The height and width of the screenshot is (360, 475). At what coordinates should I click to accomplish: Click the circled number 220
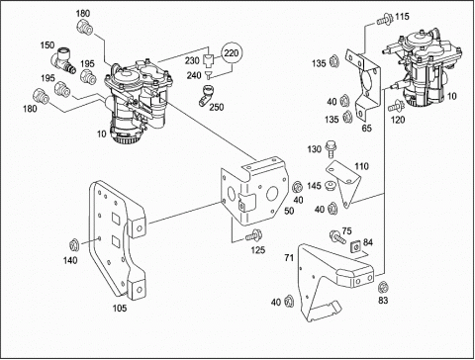point(232,52)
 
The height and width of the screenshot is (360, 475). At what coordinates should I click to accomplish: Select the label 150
point(47,45)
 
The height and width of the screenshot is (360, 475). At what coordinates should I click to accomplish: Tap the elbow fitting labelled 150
point(62,60)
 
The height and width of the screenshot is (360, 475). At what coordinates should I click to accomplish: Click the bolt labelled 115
point(384,19)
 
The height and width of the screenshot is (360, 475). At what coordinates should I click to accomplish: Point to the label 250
point(217,107)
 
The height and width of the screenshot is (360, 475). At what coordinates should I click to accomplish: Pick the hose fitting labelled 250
point(206,95)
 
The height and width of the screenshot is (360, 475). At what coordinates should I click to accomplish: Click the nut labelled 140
point(73,245)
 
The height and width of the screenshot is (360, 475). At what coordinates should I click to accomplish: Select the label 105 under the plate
point(120,309)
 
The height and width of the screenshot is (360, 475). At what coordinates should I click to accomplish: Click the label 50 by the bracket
point(289,211)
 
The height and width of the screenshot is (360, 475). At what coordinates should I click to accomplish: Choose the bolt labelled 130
point(330,149)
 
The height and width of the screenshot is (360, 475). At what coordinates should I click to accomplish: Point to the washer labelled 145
point(331,186)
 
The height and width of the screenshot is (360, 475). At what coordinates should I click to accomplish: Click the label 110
point(361,166)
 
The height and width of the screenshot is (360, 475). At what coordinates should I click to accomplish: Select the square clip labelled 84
point(355,246)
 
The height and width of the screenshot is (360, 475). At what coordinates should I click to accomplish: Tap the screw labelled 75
point(337,237)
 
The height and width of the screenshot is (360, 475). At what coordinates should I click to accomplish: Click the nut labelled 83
point(383,287)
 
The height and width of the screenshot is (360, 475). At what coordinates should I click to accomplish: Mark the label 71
point(289,258)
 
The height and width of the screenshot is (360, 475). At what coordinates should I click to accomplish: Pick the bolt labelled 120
point(397,106)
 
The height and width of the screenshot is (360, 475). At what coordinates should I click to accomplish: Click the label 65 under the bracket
point(366,129)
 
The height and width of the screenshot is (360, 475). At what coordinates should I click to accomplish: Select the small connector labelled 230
point(208,61)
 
